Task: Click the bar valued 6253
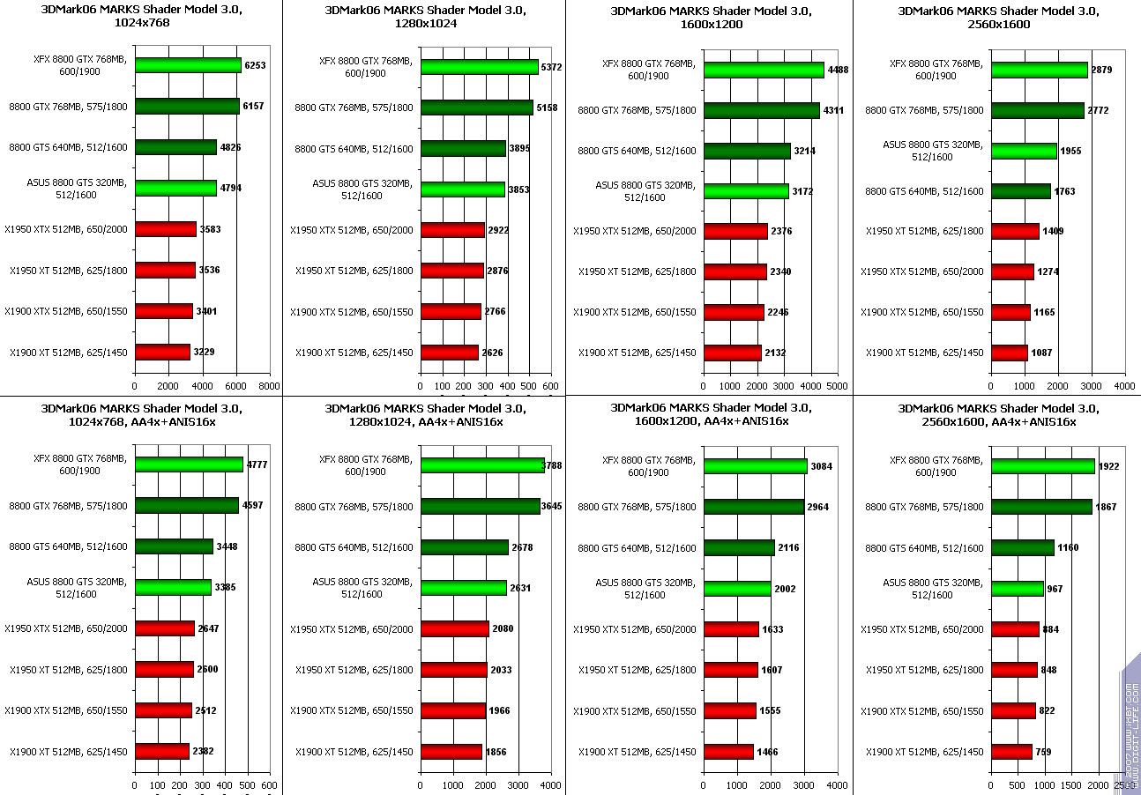[188, 65]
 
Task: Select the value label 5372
[551, 67]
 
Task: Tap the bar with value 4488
[764, 70]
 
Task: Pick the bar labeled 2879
[1040, 70]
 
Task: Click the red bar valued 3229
[162, 352]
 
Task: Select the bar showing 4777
[189, 464]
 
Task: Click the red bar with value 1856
[451, 752]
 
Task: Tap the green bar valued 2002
[737, 588]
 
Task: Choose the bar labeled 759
[1011, 752]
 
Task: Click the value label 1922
[1109, 466]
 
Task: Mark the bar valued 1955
[1024, 151]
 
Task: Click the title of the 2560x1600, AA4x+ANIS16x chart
[998, 414]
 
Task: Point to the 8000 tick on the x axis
[269, 386]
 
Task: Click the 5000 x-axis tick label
[838, 386]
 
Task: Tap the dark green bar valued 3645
[481, 506]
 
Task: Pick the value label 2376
[781, 232]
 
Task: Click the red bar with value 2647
[165, 628]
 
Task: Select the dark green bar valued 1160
[1023, 547]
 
